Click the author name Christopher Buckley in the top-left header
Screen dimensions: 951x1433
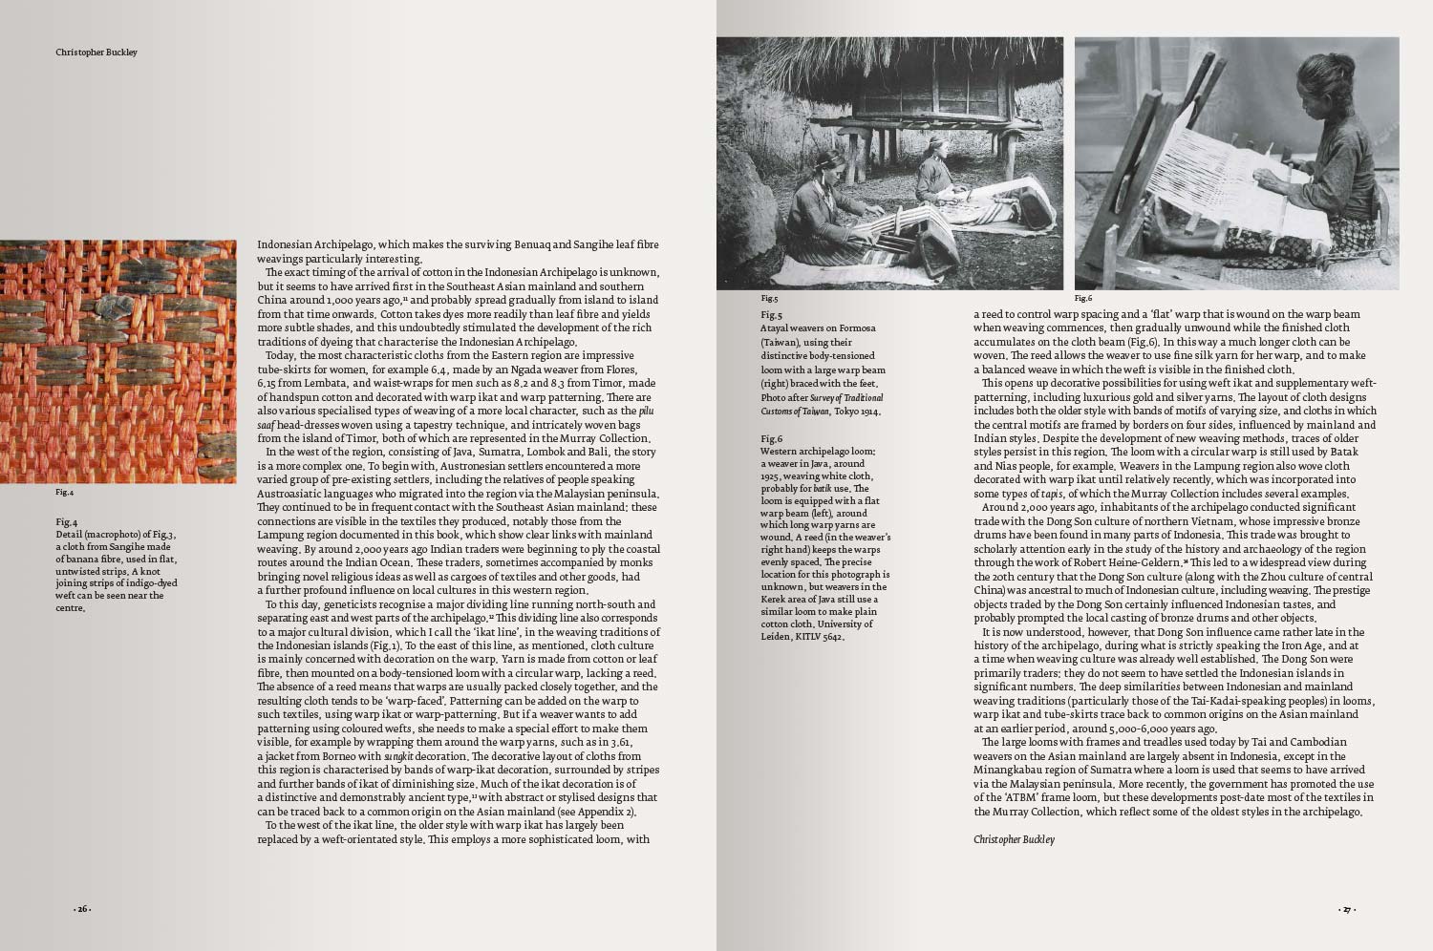(96, 53)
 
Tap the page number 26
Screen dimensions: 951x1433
(83, 909)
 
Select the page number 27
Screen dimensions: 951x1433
(1346, 910)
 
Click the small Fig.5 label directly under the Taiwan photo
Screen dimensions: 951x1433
(769, 298)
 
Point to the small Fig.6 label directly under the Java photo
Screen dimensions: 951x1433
(1082, 298)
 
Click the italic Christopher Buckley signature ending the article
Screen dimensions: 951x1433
(1014, 839)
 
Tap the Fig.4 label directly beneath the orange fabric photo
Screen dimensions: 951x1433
(64, 493)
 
